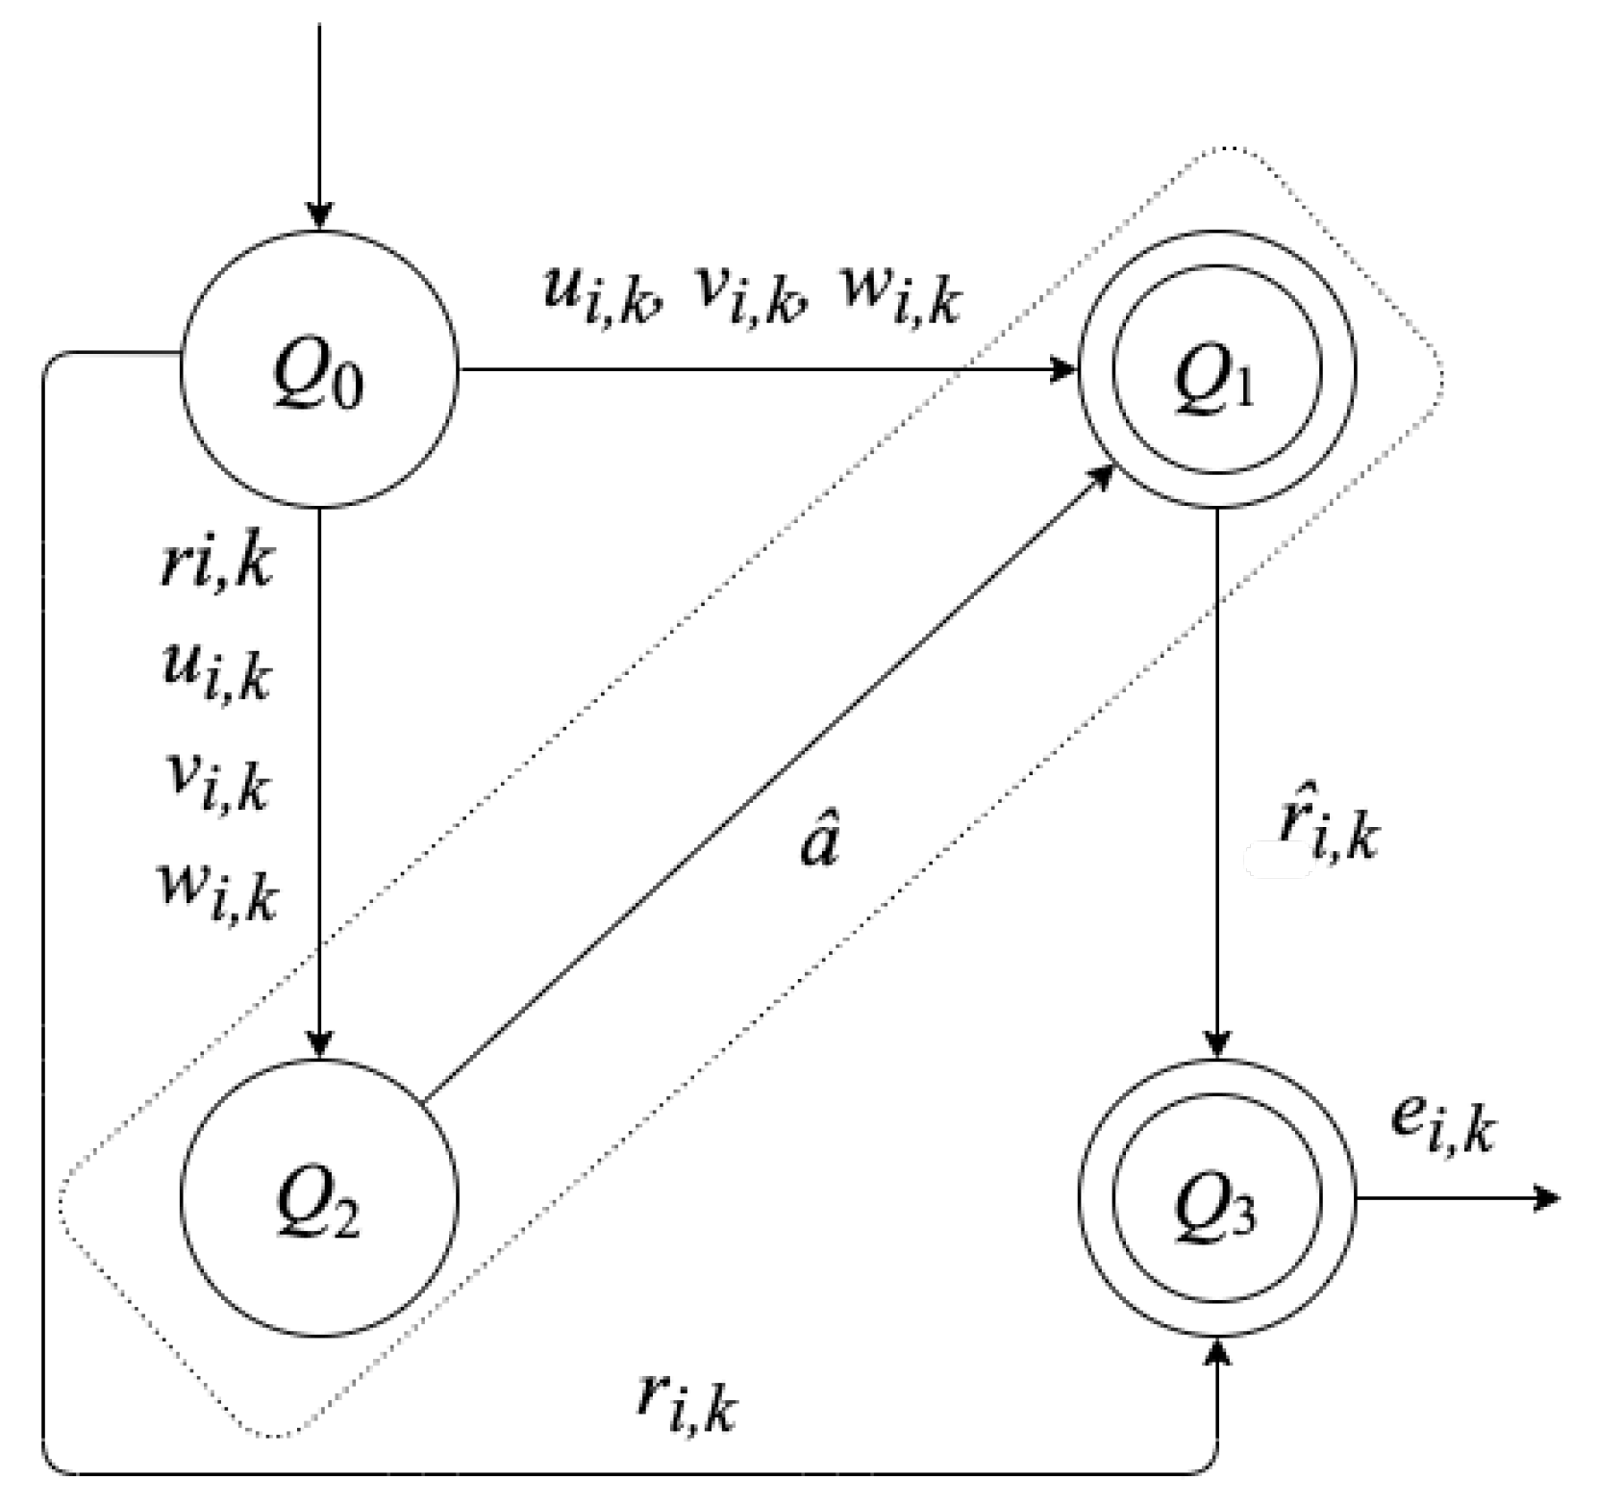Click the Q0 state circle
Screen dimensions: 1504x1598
tap(319, 369)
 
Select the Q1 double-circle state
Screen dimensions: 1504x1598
tap(1217, 369)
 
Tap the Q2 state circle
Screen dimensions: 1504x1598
tap(319, 1198)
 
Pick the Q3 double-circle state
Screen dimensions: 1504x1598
tap(1217, 1198)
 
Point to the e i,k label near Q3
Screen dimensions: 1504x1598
tap(1442, 1125)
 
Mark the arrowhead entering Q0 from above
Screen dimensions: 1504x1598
tap(319, 217)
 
